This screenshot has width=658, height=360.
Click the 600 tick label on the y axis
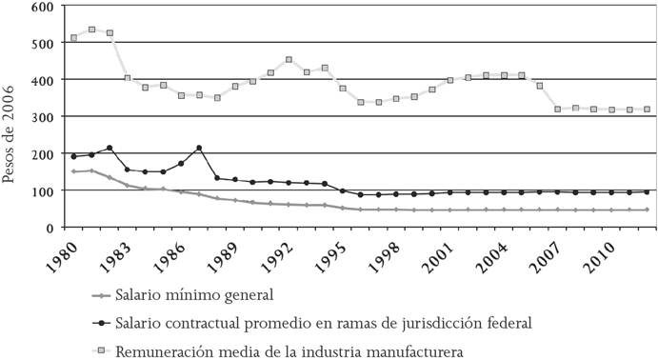pyautogui.click(x=41, y=7)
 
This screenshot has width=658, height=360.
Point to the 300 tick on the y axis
pyautogui.click(x=41, y=116)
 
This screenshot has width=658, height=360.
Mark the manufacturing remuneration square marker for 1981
pyautogui.click(x=92, y=30)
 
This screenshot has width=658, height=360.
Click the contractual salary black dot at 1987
pyautogui.click(x=199, y=148)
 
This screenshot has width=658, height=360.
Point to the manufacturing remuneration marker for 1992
pyautogui.click(x=289, y=60)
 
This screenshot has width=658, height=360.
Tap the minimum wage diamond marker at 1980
pyautogui.click(x=73, y=171)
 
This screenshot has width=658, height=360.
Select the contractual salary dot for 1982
pyautogui.click(x=110, y=148)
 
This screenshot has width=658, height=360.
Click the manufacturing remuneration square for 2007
pyautogui.click(x=558, y=110)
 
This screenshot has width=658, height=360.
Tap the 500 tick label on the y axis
pyautogui.click(x=41, y=43)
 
